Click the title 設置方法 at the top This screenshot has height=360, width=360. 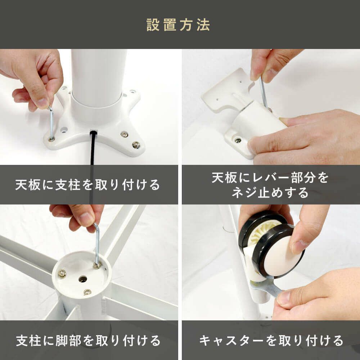[x=178, y=25]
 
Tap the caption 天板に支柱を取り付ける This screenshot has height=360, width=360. [x=87, y=185]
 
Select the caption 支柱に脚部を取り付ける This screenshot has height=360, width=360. [x=88, y=341]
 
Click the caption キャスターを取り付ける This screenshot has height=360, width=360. [x=271, y=341]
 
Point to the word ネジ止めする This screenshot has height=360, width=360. [x=270, y=192]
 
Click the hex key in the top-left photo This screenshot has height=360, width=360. [x=51, y=123]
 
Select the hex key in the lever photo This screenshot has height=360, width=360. [x=264, y=92]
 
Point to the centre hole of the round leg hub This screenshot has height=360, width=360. [x=83, y=279]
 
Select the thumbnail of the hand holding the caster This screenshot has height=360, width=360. [x=271, y=262]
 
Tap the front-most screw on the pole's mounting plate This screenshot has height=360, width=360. [x=136, y=145]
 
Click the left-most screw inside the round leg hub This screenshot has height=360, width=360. [x=62, y=273]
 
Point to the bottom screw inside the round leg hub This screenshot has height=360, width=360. [x=87, y=292]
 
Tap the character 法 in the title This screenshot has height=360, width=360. [x=203, y=25]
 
